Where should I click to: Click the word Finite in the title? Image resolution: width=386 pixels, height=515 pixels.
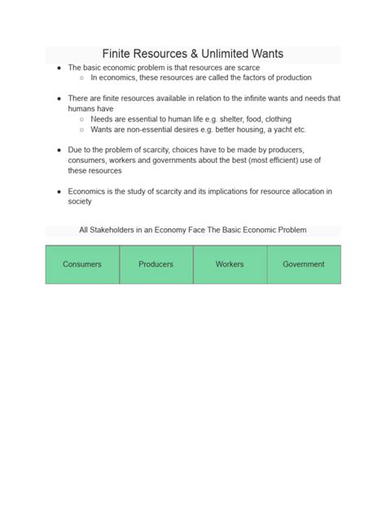click(121, 55)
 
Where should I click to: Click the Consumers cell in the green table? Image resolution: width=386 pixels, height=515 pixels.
click(82, 264)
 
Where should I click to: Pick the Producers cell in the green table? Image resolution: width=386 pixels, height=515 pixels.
click(156, 264)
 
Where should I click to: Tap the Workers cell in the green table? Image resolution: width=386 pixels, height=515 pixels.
click(230, 264)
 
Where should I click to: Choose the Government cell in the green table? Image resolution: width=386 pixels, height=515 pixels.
click(303, 264)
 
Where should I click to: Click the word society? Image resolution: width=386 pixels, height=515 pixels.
click(80, 201)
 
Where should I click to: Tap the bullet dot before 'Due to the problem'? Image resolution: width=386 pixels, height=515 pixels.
click(59, 151)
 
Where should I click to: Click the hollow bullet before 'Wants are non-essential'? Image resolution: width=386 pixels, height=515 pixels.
click(81, 130)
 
